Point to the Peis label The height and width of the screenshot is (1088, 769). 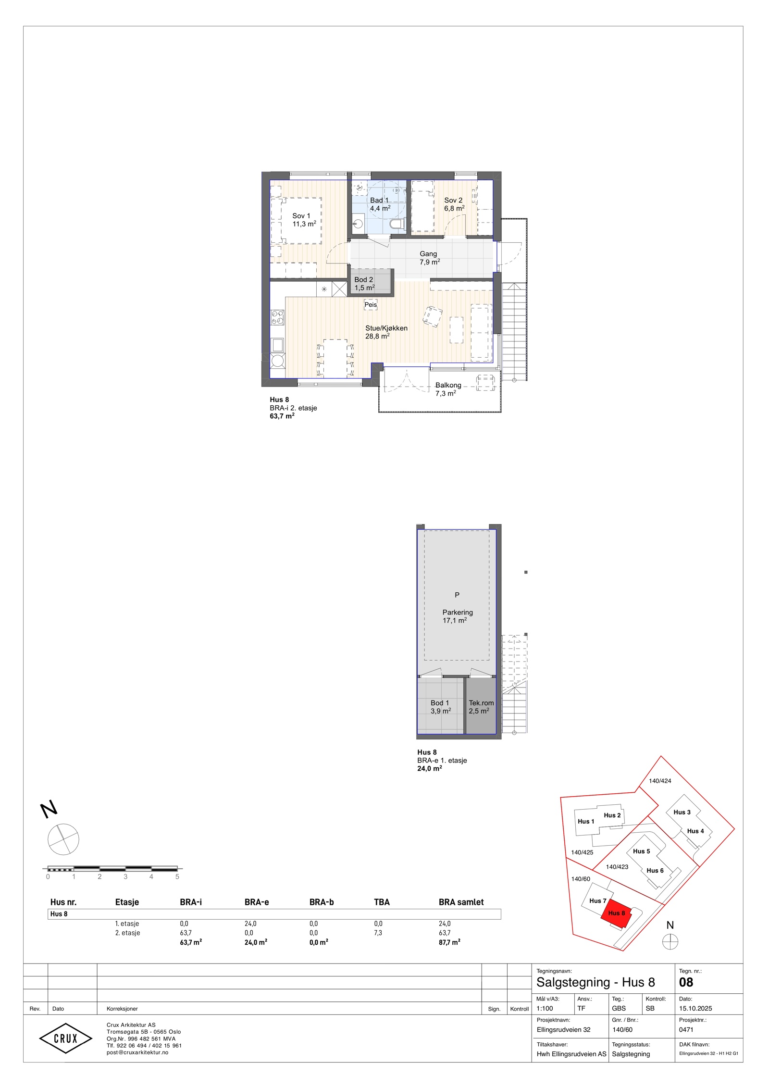[371, 304]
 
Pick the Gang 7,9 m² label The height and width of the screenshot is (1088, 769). [429, 258]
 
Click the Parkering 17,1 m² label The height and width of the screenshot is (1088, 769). [457, 616]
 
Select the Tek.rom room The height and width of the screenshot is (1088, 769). [481, 705]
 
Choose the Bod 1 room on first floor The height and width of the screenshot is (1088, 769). [441, 705]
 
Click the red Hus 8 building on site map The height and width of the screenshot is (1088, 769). [616, 913]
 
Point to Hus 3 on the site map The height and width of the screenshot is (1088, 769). [682, 812]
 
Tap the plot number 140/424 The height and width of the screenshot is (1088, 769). [660, 781]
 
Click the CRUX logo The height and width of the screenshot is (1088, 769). [65, 1038]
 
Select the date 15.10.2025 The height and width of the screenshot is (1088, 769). [695, 1008]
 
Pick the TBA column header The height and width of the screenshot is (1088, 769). [382, 902]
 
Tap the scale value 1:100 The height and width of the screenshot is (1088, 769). [545, 1008]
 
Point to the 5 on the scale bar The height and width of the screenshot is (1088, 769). [177, 876]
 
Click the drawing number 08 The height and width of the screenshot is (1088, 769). [686, 982]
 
